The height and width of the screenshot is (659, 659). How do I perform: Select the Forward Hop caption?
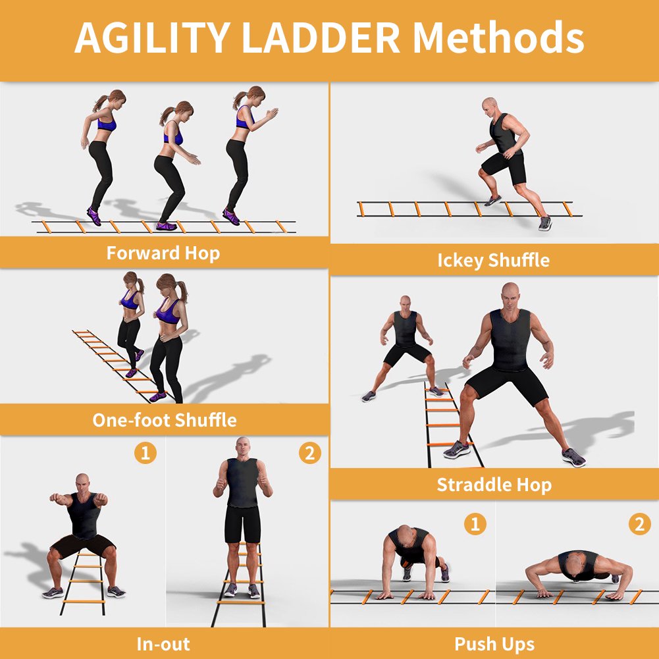tap(163, 253)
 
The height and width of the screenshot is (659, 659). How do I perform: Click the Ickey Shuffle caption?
tap(493, 260)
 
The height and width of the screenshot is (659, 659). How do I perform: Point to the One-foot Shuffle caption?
tap(164, 419)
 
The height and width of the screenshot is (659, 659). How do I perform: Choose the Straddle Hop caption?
tap(494, 485)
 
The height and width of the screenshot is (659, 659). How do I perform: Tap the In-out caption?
tap(163, 643)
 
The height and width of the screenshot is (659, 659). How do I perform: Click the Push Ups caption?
tap(494, 643)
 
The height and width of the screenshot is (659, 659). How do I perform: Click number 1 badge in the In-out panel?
tap(145, 453)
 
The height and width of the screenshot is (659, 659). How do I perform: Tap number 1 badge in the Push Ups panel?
tap(475, 524)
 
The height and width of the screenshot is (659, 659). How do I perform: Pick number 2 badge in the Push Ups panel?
tap(639, 524)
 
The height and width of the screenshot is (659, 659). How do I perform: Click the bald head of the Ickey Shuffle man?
tap(488, 106)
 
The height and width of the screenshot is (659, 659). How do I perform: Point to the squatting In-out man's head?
tap(82, 481)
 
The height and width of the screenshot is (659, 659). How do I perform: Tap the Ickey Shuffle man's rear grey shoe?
tap(544, 223)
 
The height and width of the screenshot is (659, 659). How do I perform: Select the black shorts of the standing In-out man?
tap(242, 524)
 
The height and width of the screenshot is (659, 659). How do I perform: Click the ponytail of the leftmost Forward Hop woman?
tap(101, 103)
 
